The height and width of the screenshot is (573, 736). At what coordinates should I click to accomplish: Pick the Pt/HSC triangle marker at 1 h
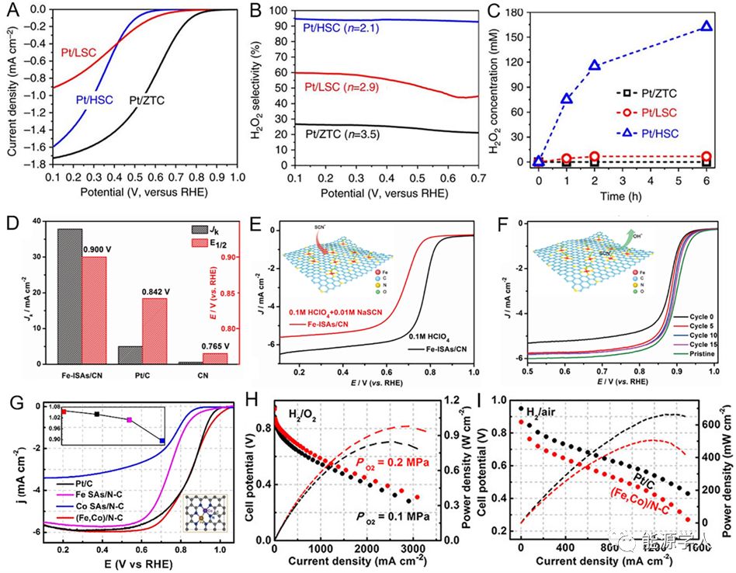(x=567, y=99)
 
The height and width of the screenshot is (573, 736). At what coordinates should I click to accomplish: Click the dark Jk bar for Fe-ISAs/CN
(x=70, y=295)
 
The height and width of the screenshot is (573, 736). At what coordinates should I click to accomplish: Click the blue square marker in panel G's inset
(x=161, y=441)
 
